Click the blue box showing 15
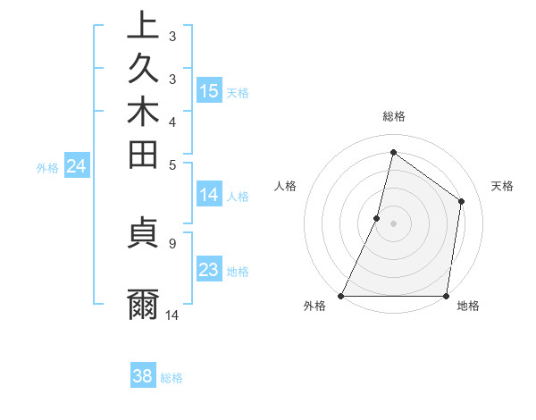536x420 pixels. click(209, 91)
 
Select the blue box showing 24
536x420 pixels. click(77, 165)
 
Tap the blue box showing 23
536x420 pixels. click(209, 270)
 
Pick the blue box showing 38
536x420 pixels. click(143, 376)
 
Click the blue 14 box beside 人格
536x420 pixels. click(209, 195)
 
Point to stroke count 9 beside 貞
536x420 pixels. click(172, 242)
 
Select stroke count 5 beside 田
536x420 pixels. click(172, 164)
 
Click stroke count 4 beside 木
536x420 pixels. click(172, 121)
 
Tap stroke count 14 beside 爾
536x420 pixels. click(172, 315)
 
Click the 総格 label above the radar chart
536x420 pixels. click(393, 116)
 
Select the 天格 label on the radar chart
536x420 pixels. click(502, 186)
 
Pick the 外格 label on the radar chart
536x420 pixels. click(314, 306)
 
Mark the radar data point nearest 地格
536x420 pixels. click(446, 296)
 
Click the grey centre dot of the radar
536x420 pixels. click(393, 223)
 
